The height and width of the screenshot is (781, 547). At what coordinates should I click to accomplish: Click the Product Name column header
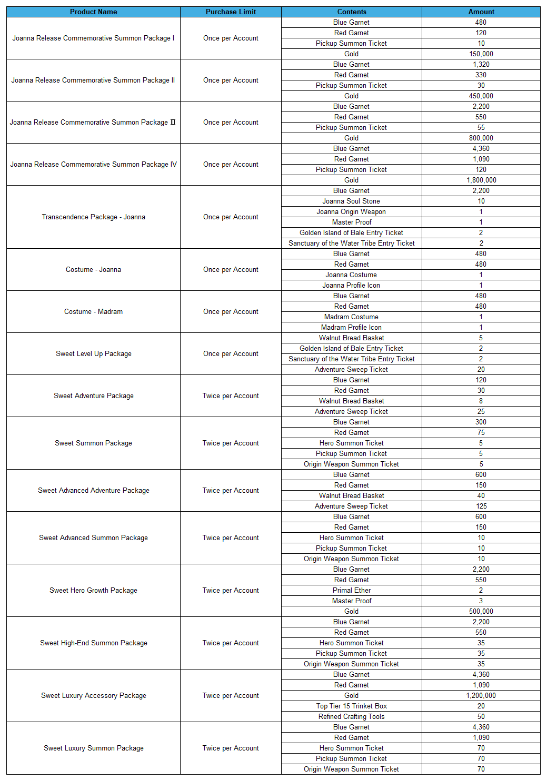click(93, 12)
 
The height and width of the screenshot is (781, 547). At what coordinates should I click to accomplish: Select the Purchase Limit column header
click(231, 12)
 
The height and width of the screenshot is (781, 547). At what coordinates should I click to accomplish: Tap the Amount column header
click(481, 12)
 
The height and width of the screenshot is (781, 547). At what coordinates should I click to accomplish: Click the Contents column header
click(352, 12)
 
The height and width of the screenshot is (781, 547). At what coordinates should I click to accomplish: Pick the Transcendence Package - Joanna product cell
click(93, 217)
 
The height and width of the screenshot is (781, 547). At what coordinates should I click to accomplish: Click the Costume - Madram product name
click(93, 311)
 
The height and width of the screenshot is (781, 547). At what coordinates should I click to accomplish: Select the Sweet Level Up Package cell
click(93, 353)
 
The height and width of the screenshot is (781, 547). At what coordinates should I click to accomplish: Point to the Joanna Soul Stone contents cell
click(351, 201)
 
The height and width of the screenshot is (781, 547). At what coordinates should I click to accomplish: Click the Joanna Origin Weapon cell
click(351, 211)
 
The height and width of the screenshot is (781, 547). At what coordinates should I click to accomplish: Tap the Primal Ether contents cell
click(351, 590)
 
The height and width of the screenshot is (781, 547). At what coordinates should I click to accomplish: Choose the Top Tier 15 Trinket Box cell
click(351, 706)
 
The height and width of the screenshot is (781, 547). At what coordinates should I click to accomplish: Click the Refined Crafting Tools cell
click(351, 716)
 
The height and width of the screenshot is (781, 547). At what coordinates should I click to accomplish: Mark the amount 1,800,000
click(481, 180)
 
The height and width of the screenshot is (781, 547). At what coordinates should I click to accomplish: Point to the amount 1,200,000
click(481, 695)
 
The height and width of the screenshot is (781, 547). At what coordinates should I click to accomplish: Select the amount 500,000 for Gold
click(481, 611)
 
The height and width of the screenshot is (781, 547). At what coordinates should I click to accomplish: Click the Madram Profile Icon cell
click(351, 327)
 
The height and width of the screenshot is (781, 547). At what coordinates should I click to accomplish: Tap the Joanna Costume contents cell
click(351, 275)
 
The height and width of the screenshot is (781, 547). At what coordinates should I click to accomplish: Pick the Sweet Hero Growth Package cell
click(93, 590)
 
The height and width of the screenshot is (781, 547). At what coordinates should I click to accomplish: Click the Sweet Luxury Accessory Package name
click(93, 695)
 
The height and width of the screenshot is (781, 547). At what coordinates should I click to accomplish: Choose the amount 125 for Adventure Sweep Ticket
click(481, 506)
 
